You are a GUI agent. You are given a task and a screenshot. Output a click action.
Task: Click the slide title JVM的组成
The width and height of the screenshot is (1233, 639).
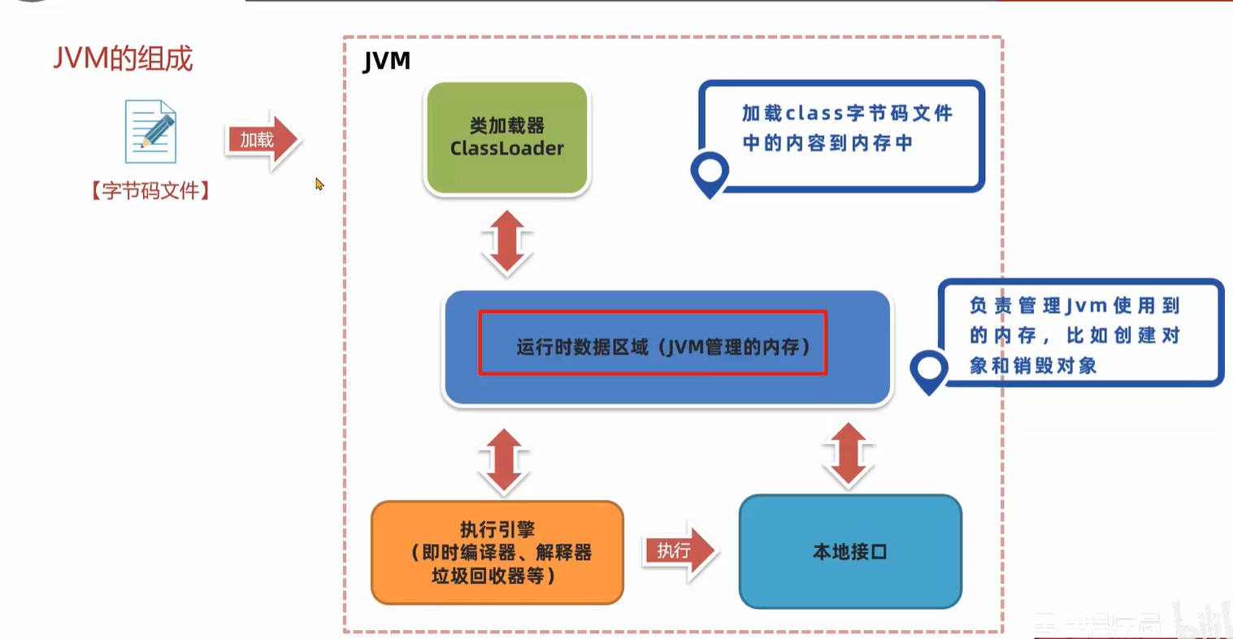123,59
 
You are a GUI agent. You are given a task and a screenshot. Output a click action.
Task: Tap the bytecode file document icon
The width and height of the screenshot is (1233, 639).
150,132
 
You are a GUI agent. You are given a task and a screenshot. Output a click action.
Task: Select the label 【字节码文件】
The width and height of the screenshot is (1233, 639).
150,191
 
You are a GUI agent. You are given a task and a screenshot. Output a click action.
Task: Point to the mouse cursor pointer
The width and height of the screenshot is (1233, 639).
319,184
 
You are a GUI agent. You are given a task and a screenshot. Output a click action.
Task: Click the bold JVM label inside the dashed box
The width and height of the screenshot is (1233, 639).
386,61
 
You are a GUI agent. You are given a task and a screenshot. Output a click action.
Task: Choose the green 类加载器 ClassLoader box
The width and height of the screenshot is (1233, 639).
506,138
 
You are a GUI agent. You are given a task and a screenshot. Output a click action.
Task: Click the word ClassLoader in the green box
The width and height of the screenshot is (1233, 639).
506,149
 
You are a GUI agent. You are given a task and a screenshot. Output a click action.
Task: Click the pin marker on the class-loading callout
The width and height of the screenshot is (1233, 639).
710,172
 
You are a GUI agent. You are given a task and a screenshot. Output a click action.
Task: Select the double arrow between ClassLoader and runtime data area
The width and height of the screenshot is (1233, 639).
506,242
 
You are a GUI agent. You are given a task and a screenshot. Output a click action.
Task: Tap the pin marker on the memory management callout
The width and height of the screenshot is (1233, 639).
928,370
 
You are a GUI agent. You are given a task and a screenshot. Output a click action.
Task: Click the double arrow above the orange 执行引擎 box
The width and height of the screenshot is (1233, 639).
504,461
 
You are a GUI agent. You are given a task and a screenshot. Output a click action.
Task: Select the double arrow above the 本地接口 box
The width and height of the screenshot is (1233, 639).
849,455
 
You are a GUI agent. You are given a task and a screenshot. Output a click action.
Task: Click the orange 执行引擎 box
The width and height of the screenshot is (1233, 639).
497,552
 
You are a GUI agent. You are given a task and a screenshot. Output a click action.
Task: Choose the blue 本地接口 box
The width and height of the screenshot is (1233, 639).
850,552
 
